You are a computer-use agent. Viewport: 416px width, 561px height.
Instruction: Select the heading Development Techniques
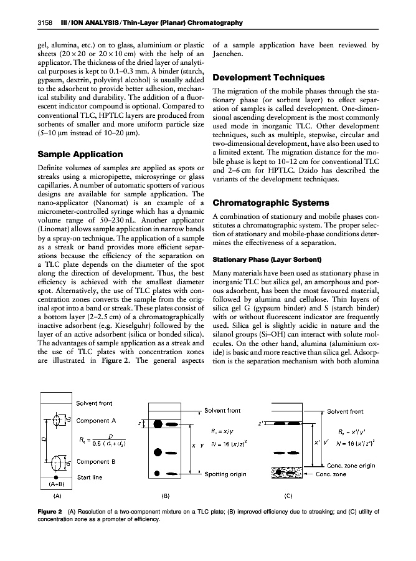[268, 78]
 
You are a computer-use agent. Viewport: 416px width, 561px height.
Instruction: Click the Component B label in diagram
[97, 462]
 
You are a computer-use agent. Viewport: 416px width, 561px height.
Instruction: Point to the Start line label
[90, 477]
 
